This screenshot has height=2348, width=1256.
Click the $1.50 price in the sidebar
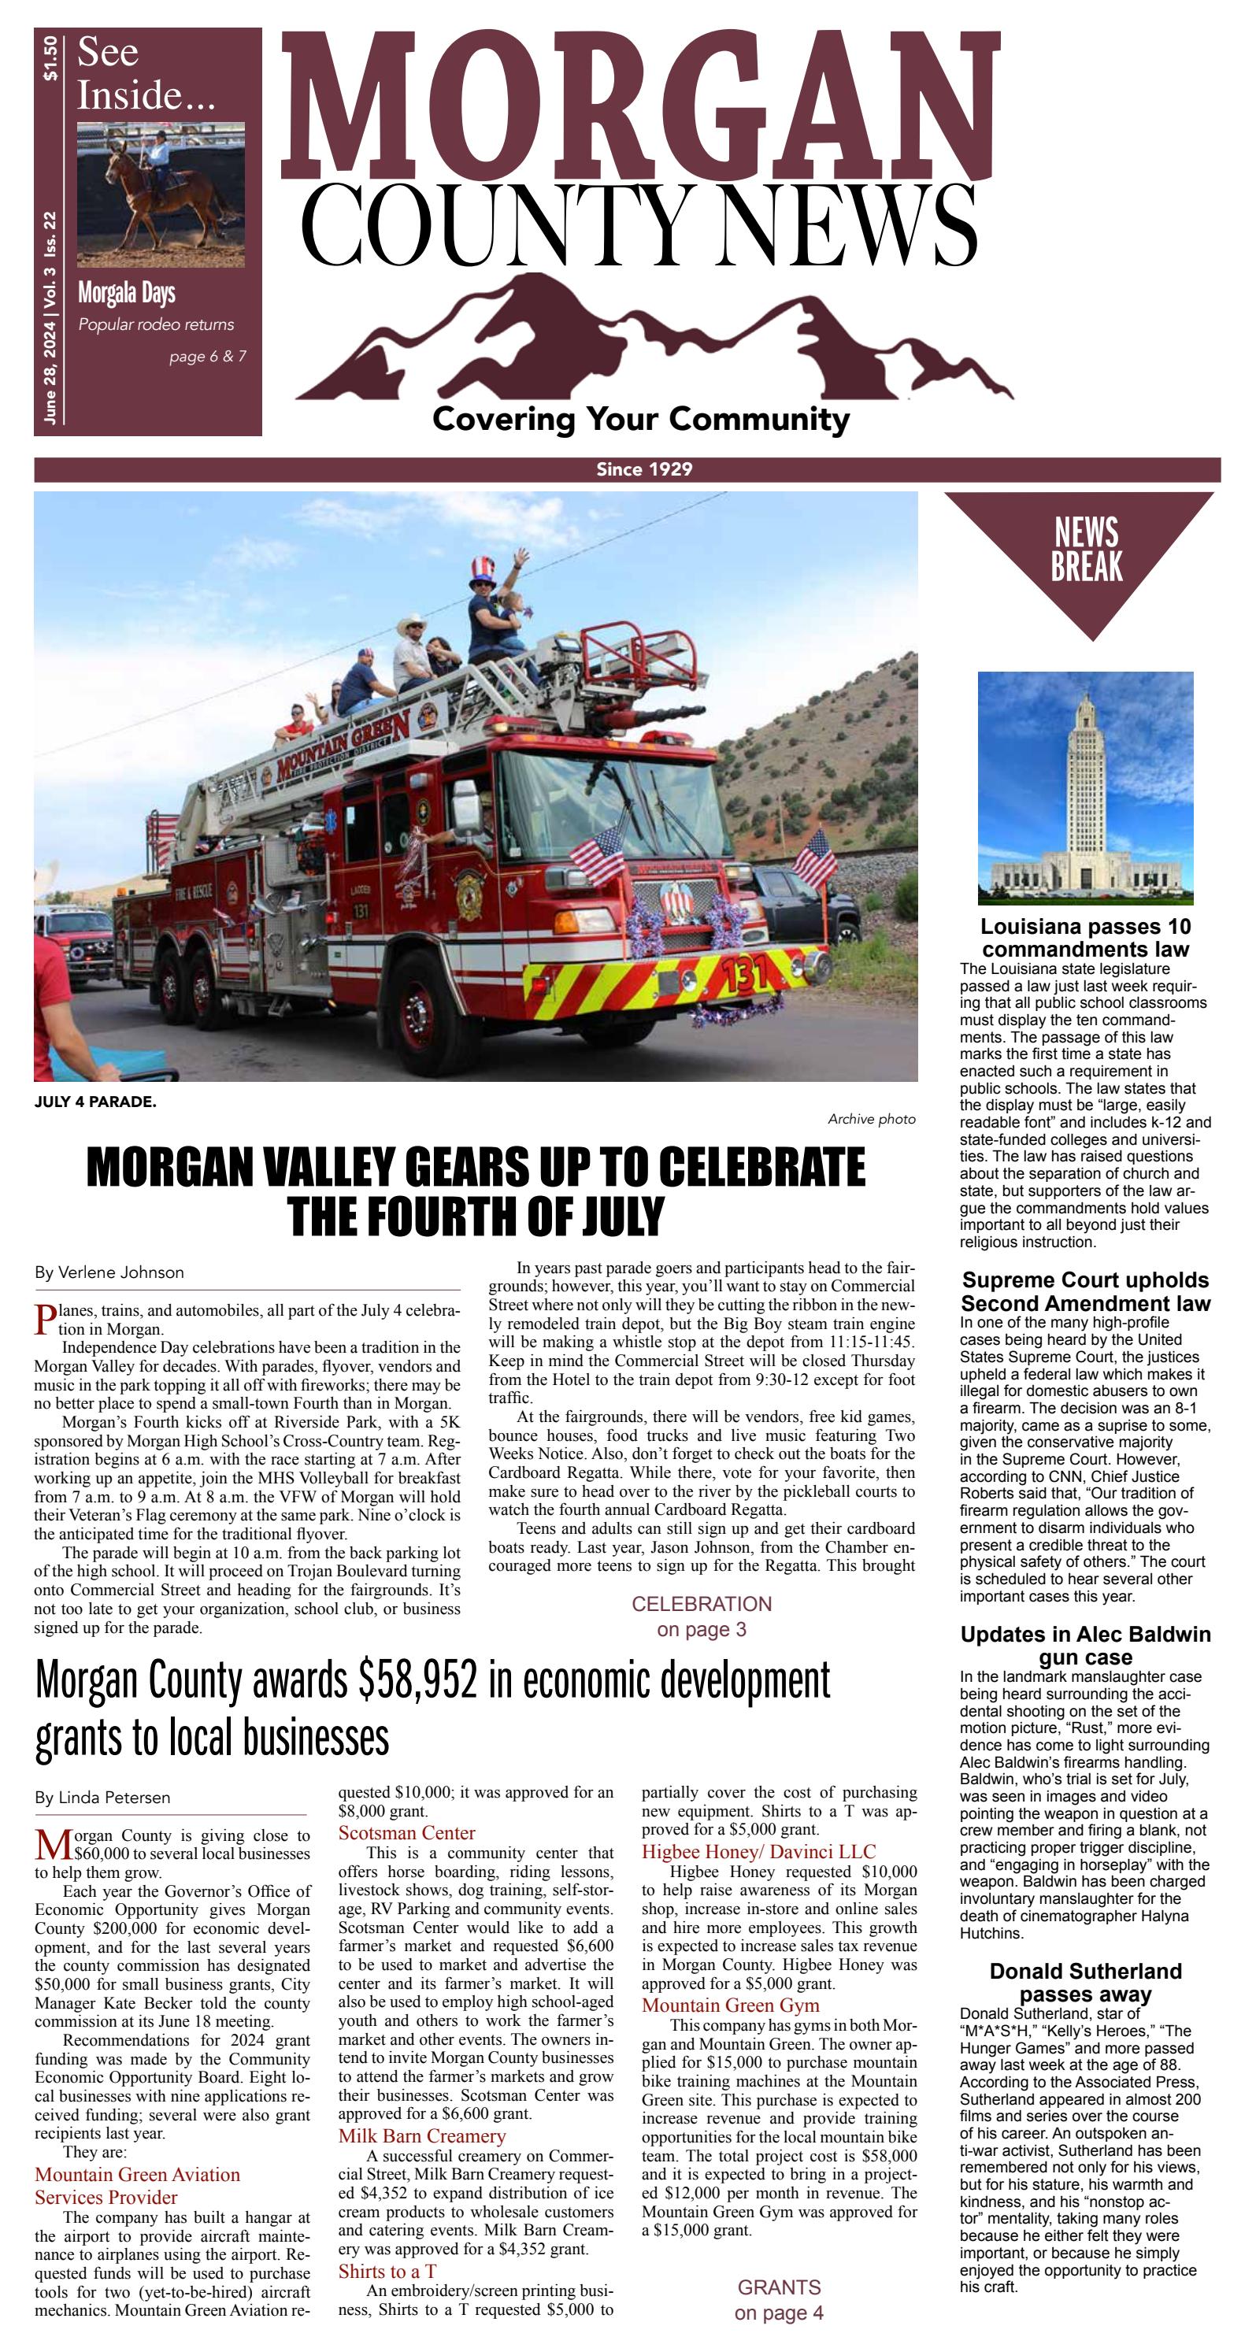point(50,57)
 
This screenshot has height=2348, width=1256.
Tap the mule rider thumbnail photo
point(161,194)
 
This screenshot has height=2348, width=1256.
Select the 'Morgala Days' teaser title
point(127,294)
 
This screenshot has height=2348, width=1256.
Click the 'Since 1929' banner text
point(643,469)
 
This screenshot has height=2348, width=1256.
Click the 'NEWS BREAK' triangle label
point(1086,550)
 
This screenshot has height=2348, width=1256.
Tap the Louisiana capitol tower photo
point(1084,787)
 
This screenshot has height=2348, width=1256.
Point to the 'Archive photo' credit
point(870,1118)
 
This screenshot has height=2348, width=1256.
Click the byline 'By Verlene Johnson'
point(109,1272)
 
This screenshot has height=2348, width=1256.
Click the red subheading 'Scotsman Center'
point(406,1833)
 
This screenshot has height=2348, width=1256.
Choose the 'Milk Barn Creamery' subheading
point(421,2135)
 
